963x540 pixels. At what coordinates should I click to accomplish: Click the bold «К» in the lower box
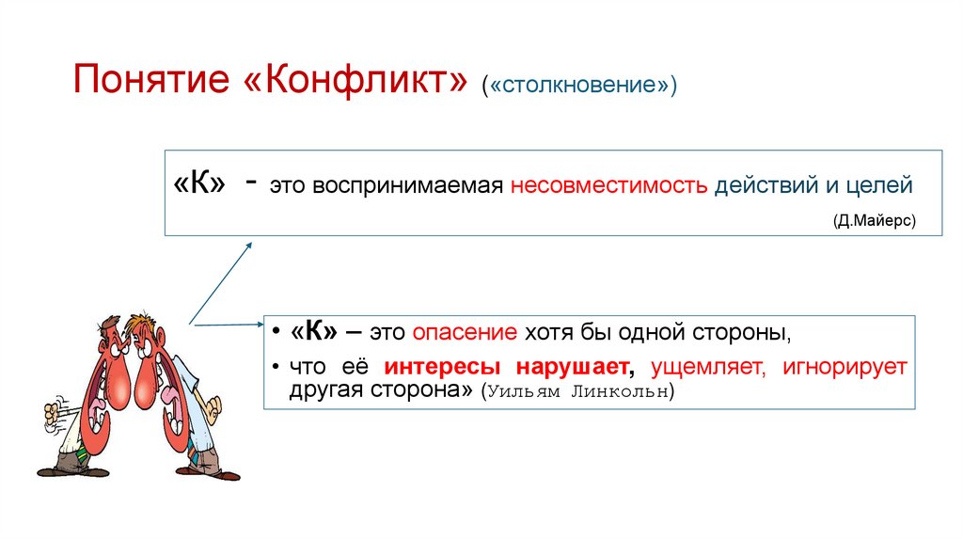coord(315,333)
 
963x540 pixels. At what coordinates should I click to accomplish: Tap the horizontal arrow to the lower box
coord(226,326)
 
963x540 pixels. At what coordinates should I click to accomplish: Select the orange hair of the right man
coord(141,329)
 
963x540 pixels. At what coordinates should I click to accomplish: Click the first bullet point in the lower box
coord(273,334)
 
